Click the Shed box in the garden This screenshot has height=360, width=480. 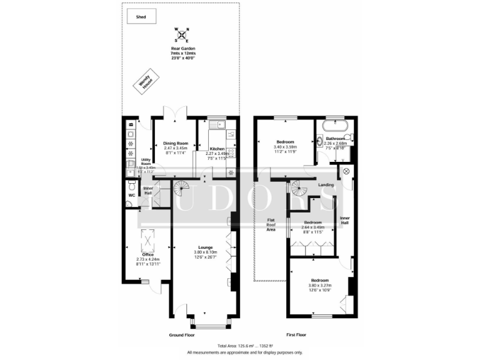click(x=141, y=17)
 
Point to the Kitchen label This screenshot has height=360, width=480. click(x=217, y=149)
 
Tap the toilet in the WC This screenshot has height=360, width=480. click(x=129, y=186)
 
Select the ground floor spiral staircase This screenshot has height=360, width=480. click(x=182, y=186)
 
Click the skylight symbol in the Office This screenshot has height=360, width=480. click(x=147, y=239)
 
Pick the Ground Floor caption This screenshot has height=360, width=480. click(x=182, y=336)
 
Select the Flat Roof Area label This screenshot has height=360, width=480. click(x=271, y=224)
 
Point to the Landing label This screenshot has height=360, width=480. click(x=326, y=184)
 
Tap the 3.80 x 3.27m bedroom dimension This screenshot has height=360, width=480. click(x=319, y=285)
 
